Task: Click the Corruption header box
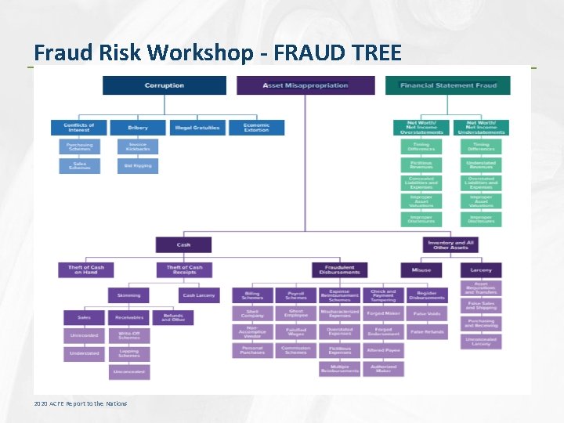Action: click(x=164, y=85)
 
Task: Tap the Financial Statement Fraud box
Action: click(x=447, y=85)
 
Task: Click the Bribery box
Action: click(x=139, y=127)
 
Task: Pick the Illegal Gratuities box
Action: click(x=197, y=127)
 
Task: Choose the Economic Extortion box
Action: click(x=256, y=127)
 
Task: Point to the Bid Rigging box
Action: click(x=139, y=166)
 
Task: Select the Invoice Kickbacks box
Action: click(x=139, y=146)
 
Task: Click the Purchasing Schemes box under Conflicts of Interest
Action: click(x=79, y=146)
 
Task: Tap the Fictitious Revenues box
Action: click(x=421, y=165)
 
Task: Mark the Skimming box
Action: click(x=128, y=295)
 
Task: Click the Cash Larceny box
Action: click(x=198, y=295)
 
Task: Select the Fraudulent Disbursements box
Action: click(x=339, y=269)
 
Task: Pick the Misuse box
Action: click(x=421, y=269)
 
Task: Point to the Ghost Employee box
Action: click(x=296, y=313)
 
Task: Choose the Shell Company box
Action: click(x=252, y=313)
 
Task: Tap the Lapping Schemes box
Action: click(x=128, y=353)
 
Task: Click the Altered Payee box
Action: click(x=383, y=350)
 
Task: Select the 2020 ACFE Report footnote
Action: click(x=81, y=403)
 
